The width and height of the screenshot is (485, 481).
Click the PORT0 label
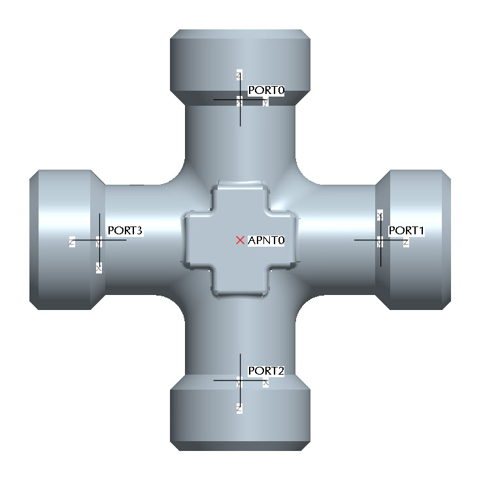tap(266, 90)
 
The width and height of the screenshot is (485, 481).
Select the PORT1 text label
tap(407, 230)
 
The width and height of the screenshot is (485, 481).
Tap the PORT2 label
tap(266, 371)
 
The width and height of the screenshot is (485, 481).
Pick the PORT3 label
tap(125, 230)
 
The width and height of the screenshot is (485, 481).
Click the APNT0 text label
tap(267, 241)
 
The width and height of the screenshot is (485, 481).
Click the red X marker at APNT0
tap(240, 240)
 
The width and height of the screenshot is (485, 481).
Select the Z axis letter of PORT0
tap(240, 76)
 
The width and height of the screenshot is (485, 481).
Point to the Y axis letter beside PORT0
tap(265, 102)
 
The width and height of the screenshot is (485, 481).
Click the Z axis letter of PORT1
tap(406, 243)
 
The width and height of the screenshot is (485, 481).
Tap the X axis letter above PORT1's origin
tap(380, 215)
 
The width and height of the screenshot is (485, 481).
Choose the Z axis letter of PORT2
tap(239, 407)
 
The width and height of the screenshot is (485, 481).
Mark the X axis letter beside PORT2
tap(265, 384)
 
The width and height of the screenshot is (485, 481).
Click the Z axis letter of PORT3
tap(72, 243)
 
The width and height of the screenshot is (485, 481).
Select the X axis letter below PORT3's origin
tap(99, 268)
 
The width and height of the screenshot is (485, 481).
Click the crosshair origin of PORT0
tap(240, 101)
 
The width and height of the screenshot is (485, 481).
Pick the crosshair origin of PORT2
tap(240, 380)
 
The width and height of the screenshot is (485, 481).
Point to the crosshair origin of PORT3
tap(99, 240)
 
